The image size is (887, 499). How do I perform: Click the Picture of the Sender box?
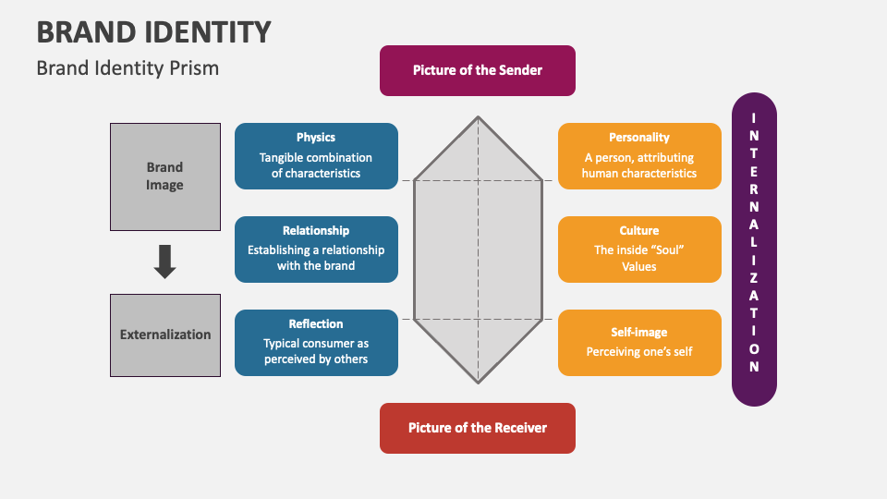pyautogui.click(x=477, y=70)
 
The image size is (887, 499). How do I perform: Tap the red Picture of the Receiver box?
pyautogui.click(x=477, y=428)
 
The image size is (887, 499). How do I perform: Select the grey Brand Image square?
pyautogui.click(x=165, y=176)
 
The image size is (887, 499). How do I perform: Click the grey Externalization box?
pyautogui.click(x=165, y=335)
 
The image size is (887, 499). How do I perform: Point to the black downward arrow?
pyautogui.click(x=164, y=262)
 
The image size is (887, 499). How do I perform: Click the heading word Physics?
pyautogui.click(x=316, y=138)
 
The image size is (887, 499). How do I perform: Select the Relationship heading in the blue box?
pyautogui.click(x=316, y=231)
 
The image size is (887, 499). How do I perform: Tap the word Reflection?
pyautogui.click(x=316, y=324)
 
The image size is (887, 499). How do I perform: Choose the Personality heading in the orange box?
pyautogui.click(x=639, y=138)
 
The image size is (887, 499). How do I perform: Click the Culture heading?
pyautogui.click(x=639, y=231)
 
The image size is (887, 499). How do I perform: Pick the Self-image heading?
pyautogui.click(x=639, y=333)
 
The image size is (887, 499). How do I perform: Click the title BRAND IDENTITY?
pyautogui.click(x=153, y=31)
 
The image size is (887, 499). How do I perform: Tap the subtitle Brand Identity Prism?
pyautogui.click(x=128, y=68)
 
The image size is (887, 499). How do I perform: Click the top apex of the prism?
pyautogui.click(x=478, y=117)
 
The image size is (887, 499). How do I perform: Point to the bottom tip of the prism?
pyautogui.click(x=478, y=382)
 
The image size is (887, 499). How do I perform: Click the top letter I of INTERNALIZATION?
pyautogui.click(x=754, y=117)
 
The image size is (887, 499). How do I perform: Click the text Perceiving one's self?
pyautogui.click(x=639, y=351)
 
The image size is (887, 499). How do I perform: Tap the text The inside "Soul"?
pyautogui.click(x=639, y=249)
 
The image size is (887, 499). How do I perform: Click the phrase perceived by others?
pyautogui.click(x=316, y=359)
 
